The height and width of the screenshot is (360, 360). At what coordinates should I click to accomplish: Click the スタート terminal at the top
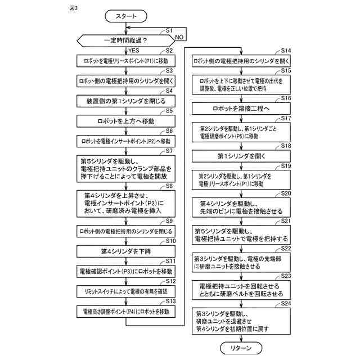[x=129, y=16]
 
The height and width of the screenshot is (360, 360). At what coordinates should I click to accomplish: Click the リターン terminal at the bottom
[x=242, y=349]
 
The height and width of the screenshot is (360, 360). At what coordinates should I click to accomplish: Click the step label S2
[x=169, y=51]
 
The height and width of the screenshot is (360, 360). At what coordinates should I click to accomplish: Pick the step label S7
[x=169, y=151]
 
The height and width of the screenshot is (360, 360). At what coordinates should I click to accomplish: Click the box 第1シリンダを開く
[x=241, y=154]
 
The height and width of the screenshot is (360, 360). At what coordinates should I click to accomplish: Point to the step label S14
[x=286, y=51]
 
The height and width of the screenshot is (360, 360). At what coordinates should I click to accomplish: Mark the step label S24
[x=286, y=303]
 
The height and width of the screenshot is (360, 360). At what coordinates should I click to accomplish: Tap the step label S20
[x=286, y=193]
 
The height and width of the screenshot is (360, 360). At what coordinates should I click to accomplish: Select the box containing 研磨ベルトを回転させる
[x=241, y=290]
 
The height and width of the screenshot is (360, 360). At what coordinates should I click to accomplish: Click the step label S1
[x=169, y=29]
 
